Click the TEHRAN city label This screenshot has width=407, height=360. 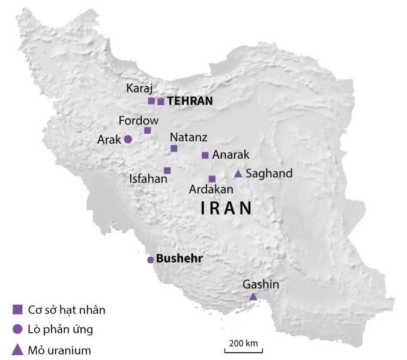(x=190, y=101)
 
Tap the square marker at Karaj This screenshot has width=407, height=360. (x=151, y=101)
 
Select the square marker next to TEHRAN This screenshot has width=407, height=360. (x=161, y=102)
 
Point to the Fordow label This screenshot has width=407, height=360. (x=138, y=120)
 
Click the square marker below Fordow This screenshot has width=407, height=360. (x=148, y=130)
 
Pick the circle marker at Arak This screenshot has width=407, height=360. (x=128, y=139)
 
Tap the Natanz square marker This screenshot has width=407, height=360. (x=174, y=148)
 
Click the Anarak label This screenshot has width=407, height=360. (x=231, y=155)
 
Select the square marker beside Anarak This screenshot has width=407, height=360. (x=205, y=155)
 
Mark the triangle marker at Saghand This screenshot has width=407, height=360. (x=238, y=174)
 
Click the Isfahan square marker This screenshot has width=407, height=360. (x=167, y=170)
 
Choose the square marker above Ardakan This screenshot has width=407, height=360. (x=212, y=178)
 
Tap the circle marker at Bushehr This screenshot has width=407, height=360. (x=151, y=260)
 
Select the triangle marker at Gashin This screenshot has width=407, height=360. (x=253, y=296)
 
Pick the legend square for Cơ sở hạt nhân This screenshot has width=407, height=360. (x=18, y=310)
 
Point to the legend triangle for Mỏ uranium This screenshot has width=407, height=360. (x=18, y=348)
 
